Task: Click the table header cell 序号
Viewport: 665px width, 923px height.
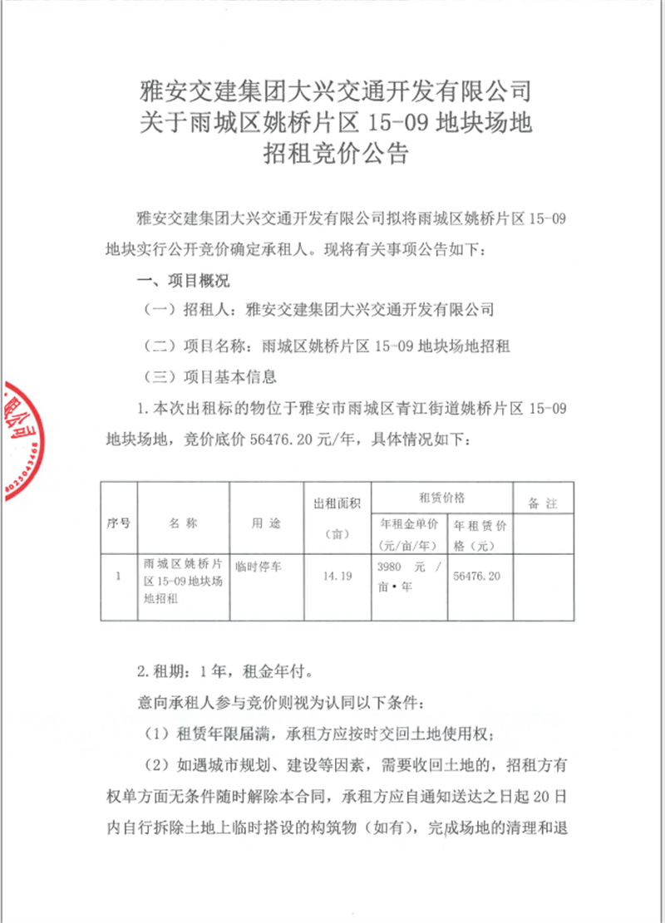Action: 119,524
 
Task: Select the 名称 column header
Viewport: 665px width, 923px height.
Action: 183,524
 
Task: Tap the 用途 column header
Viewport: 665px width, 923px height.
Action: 266,524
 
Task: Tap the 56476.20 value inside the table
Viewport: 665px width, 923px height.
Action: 478,575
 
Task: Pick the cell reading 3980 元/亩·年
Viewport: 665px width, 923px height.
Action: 407,575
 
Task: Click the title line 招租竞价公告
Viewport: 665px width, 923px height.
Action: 332,153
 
